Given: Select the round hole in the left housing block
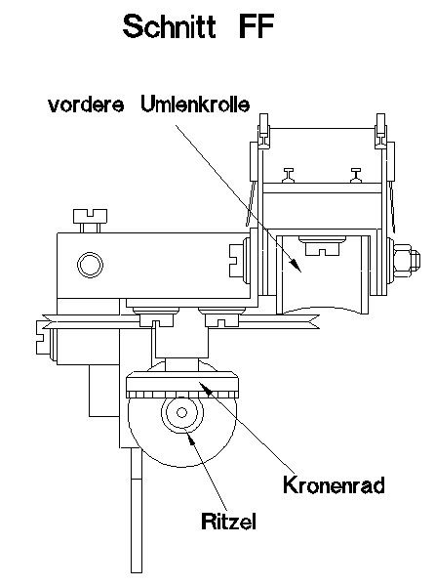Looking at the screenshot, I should coord(90,264).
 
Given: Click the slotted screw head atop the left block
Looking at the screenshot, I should coord(88,214).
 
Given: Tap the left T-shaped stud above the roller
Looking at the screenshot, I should coord(290,175).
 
